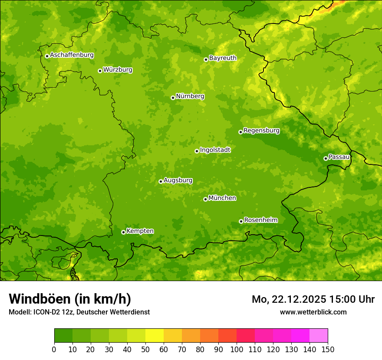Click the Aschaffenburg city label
click(72, 55)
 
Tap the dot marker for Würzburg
click(100, 71)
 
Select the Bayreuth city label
click(223, 58)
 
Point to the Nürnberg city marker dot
click(173, 98)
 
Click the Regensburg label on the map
click(261, 131)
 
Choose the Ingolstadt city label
click(215, 150)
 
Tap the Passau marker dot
click(326, 158)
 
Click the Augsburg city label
click(178, 180)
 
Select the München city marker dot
click(205, 199)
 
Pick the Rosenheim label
click(260, 220)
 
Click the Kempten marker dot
click(123, 232)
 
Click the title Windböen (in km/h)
click(69, 299)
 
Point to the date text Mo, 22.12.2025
click(289, 299)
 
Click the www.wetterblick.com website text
click(313, 312)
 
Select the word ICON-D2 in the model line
click(45, 312)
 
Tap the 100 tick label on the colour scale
click(237, 350)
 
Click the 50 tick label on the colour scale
click(145, 350)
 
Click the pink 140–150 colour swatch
click(319, 336)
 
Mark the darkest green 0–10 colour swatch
click(63, 336)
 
